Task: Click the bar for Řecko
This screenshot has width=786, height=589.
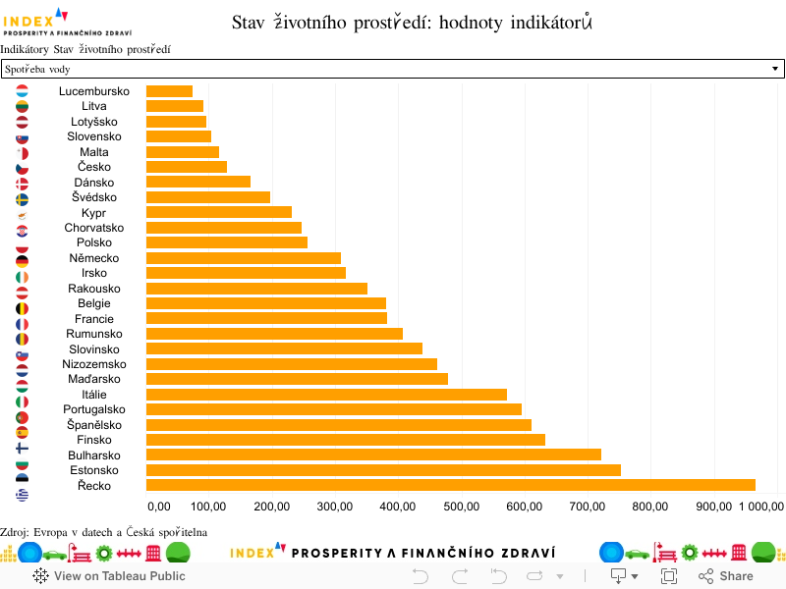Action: coord(450,485)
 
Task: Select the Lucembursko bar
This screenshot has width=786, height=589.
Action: coord(169,91)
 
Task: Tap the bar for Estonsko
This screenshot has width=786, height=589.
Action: coord(383,470)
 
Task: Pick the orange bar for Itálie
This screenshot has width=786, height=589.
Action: coord(326,395)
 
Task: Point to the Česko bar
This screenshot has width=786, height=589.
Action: coord(187,167)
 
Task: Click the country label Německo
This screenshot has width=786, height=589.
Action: coord(94,258)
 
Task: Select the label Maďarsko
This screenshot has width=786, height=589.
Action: coord(94,379)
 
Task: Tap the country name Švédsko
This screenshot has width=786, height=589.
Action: coord(94,197)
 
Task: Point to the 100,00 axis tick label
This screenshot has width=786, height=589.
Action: coord(208,507)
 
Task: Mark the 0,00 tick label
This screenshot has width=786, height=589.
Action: coord(159,507)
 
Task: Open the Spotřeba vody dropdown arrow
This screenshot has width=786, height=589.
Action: coord(775,69)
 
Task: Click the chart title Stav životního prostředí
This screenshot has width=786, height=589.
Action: coord(413,22)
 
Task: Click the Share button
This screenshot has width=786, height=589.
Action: coord(726,576)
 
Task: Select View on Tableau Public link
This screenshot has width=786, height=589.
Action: coord(109,576)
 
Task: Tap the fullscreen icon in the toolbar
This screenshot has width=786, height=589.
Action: coord(669,576)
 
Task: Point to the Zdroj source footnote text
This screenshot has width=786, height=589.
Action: coord(103,532)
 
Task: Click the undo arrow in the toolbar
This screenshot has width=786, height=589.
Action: coord(421,576)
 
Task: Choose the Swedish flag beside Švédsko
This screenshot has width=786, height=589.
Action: coord(22,198)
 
